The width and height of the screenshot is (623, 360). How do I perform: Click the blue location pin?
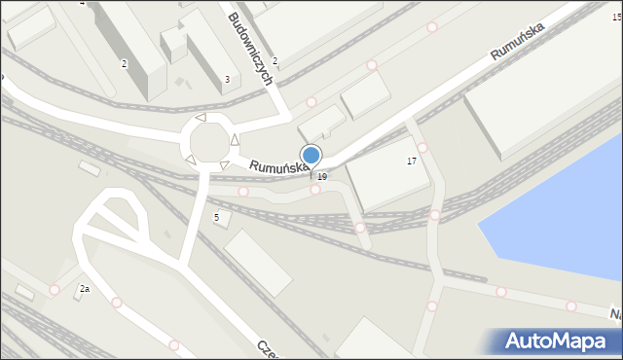click(311, 155)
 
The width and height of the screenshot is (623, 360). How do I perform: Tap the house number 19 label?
click(322, 176)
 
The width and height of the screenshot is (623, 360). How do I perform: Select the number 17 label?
click(412, 161)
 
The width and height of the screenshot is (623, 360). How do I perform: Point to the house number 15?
click(616, 18)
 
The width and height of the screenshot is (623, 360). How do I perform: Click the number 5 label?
click(216, 217)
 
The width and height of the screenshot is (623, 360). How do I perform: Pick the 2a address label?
click(85, 289)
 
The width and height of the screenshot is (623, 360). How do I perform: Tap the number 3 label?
click(227, 79)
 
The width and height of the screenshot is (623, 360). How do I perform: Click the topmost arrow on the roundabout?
click(201, 118)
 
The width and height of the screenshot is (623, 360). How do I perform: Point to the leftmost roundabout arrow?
click(190, 159)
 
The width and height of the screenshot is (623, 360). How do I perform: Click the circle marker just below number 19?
click(315, 190)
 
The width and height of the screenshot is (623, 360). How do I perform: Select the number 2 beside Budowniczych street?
click(275, 61)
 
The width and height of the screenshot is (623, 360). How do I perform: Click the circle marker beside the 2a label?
click(55, 290)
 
